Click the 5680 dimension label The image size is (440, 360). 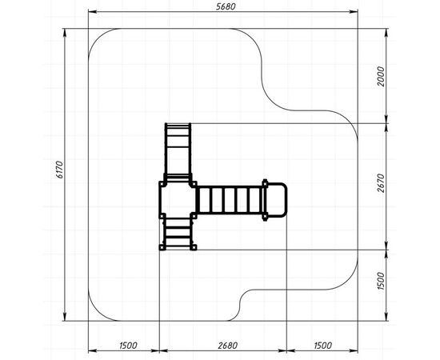point(226,6)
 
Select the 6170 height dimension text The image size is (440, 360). point(59,170)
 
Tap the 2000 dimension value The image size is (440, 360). point(381,76)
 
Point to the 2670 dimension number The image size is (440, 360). point(381,183)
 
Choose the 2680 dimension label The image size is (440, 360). point(228,345)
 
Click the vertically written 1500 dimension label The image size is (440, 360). point(381,281)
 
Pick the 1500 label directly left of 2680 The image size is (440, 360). point(128,345)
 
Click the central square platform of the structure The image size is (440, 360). point(178,200)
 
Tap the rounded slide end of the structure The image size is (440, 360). point(277,200)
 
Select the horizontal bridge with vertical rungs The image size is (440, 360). point(230,200)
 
